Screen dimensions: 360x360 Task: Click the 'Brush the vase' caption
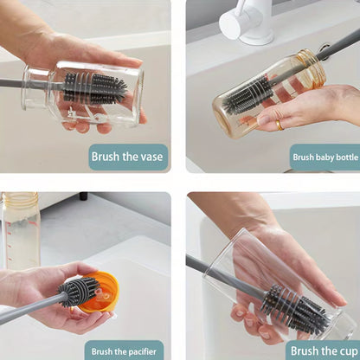pyautogui.click(x=128, y=157)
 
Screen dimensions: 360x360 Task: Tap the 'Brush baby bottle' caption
pyautogui.click(x=324, y=157)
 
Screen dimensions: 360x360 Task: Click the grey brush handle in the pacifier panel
pyautogui.click(x=30, y=309)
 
